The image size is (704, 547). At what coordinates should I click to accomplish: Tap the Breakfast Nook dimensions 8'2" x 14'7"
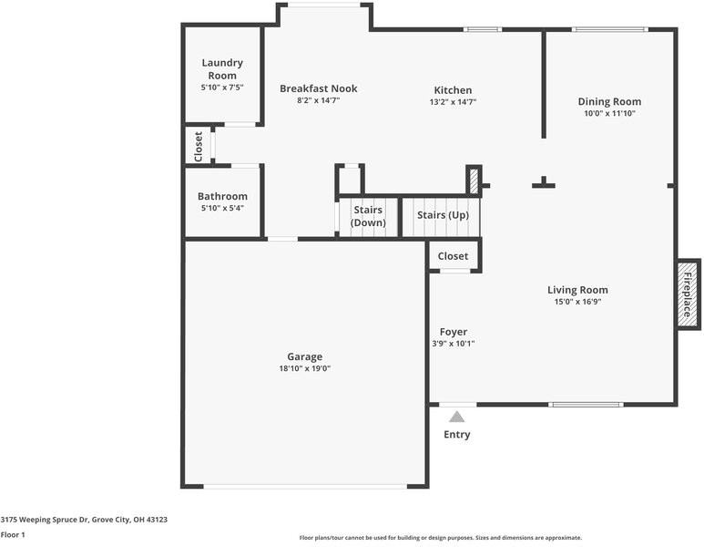(x=318, y=101)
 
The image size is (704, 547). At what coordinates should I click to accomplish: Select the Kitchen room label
(x=453, y=90)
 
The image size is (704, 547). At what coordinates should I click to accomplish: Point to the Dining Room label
(x=609, y=102)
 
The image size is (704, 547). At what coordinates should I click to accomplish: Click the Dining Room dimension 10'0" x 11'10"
(x=609, y=114)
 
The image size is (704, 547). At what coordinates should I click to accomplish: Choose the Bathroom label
(x=222, y=196)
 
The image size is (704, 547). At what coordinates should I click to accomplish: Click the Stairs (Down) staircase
(x=368, y=217)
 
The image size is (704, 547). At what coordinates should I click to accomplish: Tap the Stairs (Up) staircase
(x=442, y=216)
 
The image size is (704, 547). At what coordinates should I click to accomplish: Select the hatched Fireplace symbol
(x=688, y=294)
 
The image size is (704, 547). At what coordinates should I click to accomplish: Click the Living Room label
(x=577, y=290)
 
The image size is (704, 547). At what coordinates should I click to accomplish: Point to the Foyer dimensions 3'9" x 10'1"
(x=453, y=344)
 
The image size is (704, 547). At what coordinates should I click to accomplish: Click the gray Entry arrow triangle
(x=457, y=417)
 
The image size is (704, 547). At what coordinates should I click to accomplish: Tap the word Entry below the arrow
(x=457, y=435)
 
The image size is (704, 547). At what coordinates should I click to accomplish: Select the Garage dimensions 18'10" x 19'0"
(x=304, y=368)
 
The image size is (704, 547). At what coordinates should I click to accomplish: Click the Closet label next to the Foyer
(x=453, y=256)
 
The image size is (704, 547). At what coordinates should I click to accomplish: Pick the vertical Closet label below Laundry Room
(x=199, y=146)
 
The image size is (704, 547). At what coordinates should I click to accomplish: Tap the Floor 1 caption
(x=13, y=534)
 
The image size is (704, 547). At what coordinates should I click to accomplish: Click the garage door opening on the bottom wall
(x=304, y=486)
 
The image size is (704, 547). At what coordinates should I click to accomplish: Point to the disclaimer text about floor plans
(x=441, y=538)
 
